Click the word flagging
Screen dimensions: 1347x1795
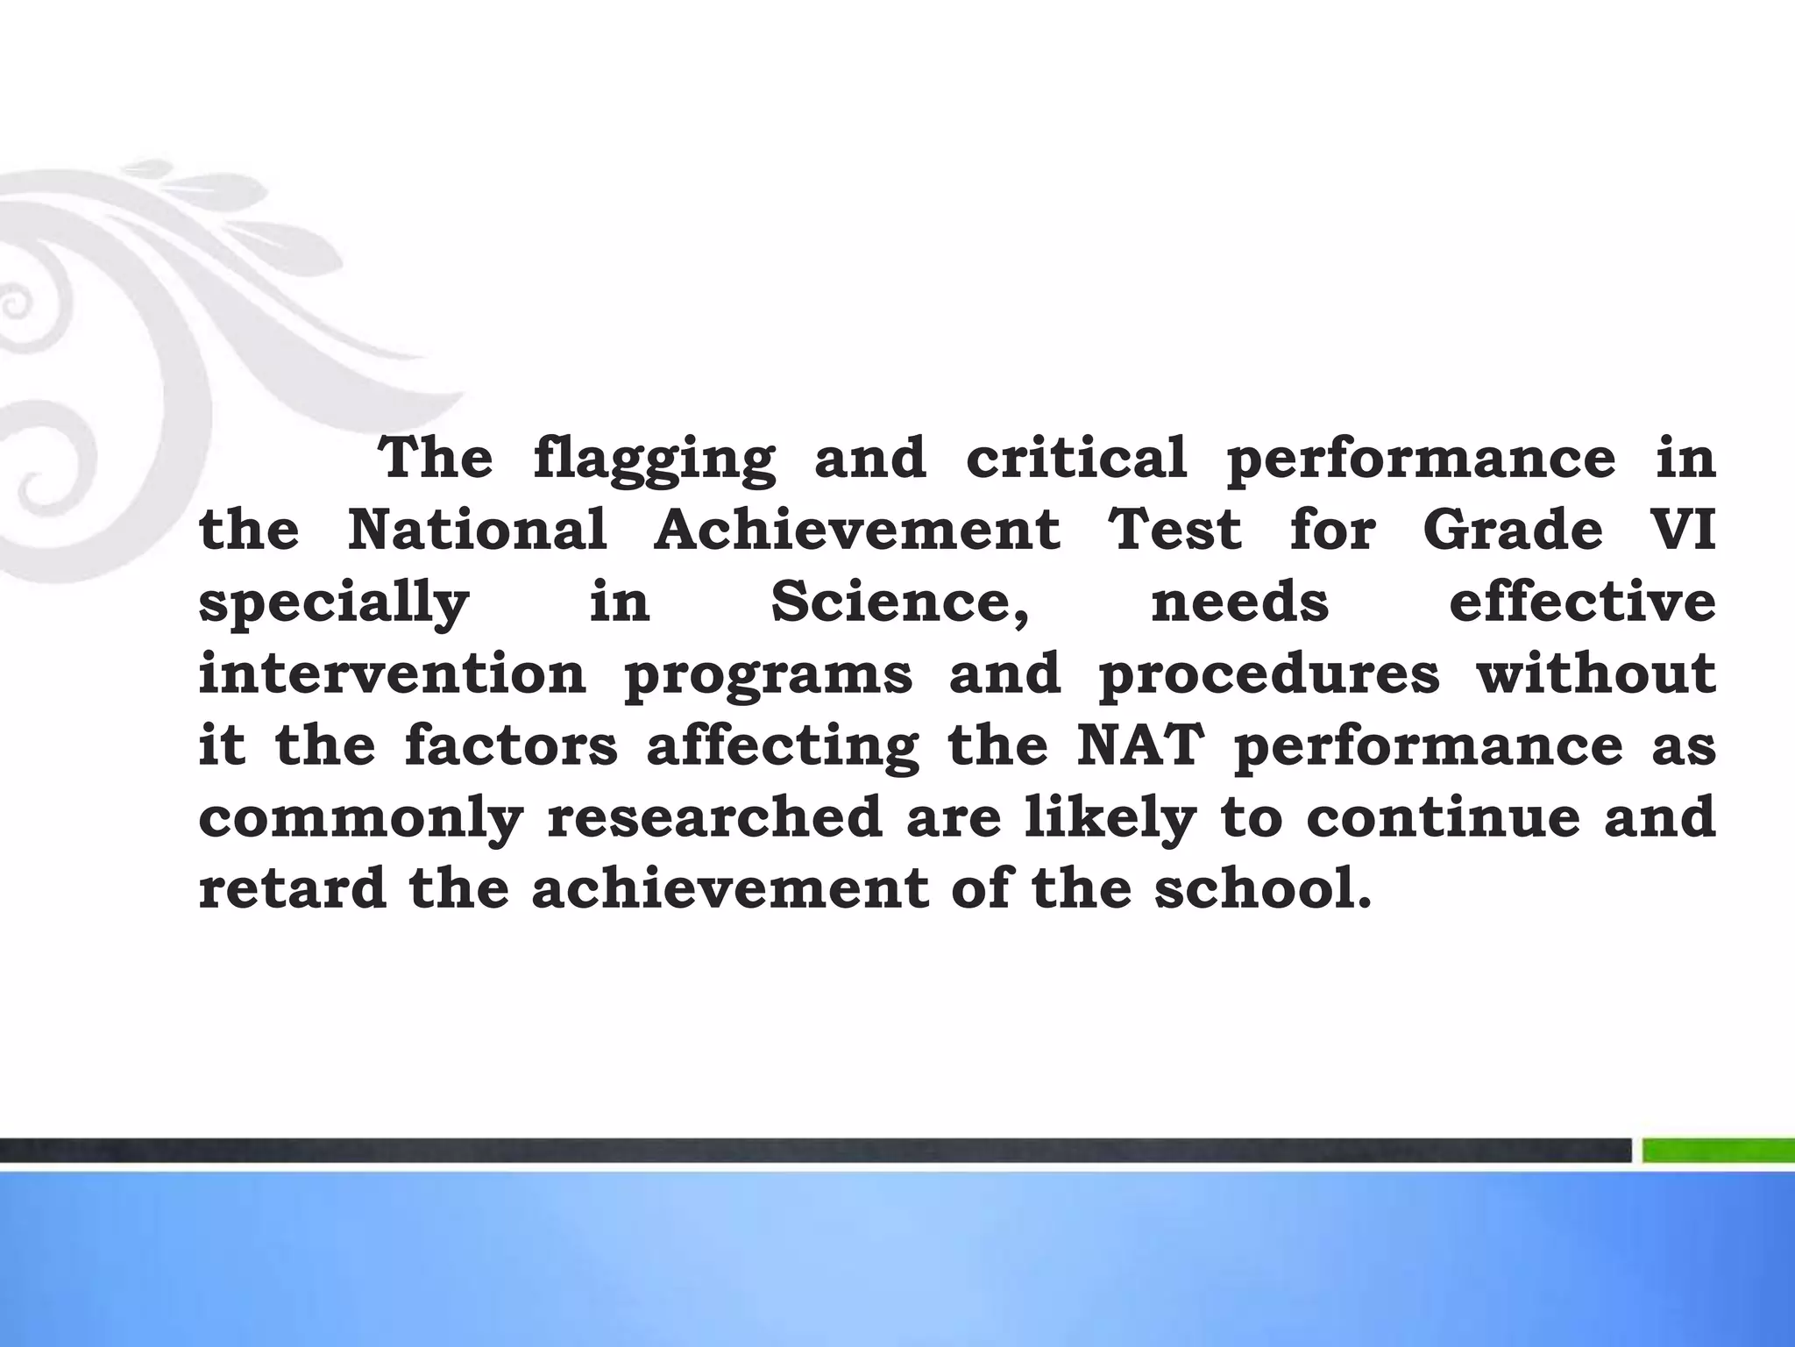pyautogui.click(x=654, y=460)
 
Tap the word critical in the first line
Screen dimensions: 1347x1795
pyautogui.click(x=1076, y=458)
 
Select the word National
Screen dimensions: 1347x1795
pyautogui.click(x=478, y=530)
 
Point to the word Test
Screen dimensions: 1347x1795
pyautogui.click(x=1175, y=530)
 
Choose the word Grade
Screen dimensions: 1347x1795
pyautogui.click(x=1513, y=530)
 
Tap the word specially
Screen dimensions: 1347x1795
pyautogui.click(x=334, y=603)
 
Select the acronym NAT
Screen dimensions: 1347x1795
pyautogui.click(x=1137, y=745)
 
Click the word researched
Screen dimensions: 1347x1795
pyautogui.click(x=714, y=817)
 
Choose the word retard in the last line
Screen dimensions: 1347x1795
pyautogui.click(x=293, y=889)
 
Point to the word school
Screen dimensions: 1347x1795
pyautogui.click(x=1261, y=889)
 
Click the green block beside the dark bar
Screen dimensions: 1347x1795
pyautogui.click(x=1718, y=1150)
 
